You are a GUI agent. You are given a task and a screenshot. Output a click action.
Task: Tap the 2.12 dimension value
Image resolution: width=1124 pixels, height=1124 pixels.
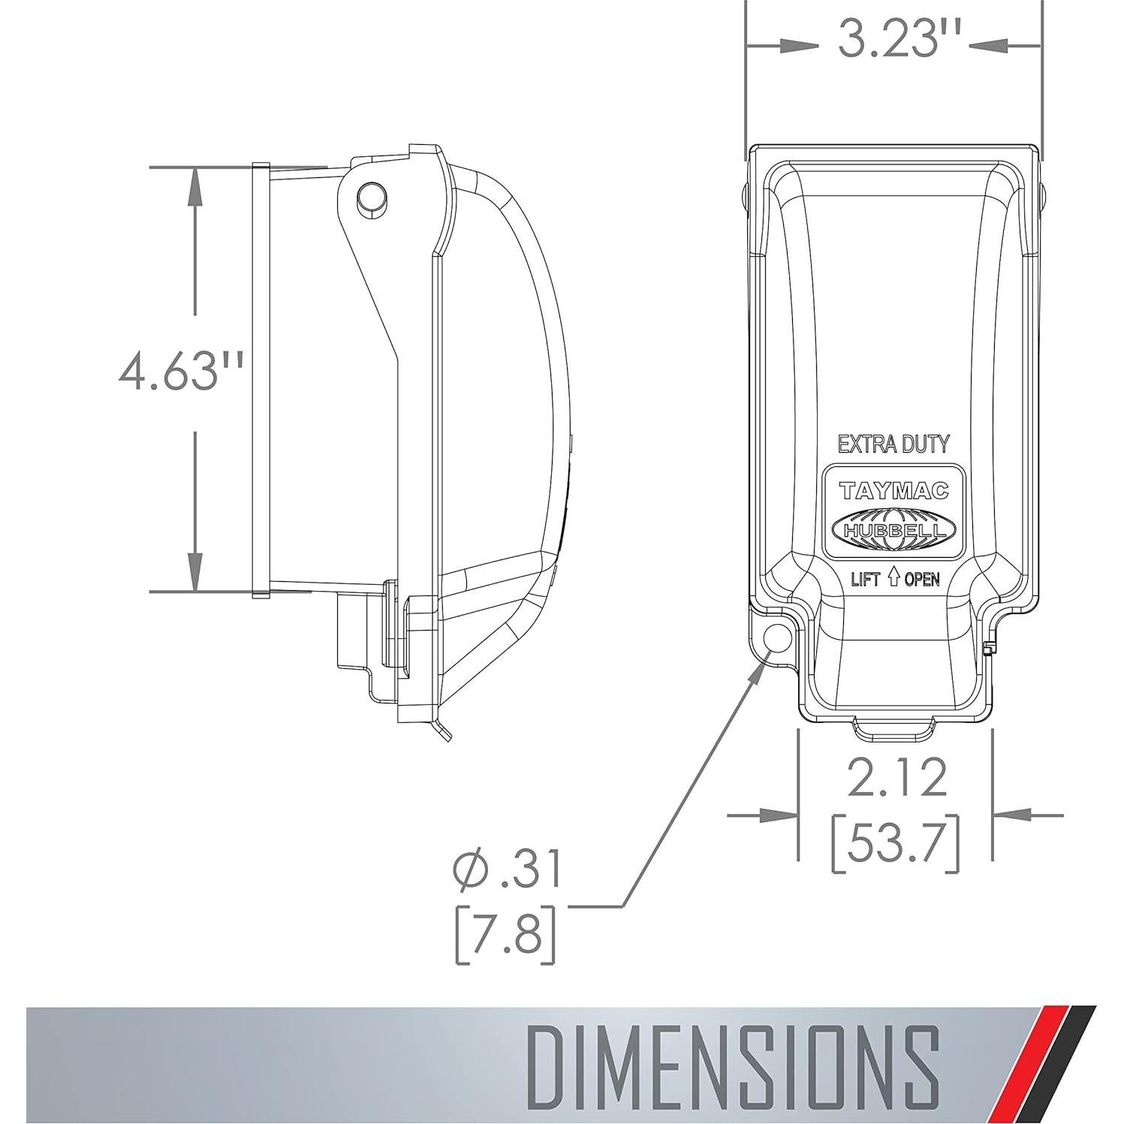[896, 779]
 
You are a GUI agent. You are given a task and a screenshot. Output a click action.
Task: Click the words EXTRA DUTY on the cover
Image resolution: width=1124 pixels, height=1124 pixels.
[893, 444]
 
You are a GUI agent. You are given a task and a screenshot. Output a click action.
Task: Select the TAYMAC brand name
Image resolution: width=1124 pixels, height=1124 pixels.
[893, 491]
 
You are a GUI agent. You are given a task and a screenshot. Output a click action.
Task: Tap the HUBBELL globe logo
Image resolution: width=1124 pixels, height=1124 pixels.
[893, 528]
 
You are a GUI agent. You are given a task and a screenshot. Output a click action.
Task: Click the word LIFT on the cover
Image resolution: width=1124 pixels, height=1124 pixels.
[866, 579]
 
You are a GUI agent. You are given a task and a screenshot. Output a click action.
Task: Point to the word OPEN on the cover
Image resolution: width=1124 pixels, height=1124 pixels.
[921, 579]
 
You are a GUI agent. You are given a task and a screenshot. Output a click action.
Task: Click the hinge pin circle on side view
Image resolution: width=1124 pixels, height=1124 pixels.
[371, 197]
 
